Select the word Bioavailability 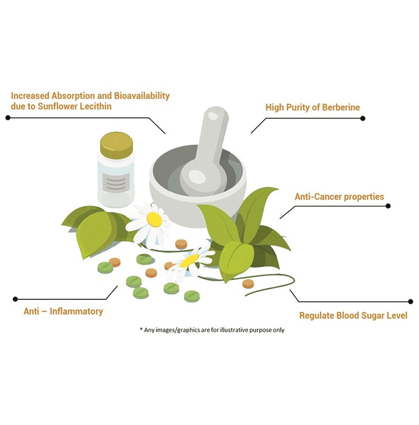[141, 96]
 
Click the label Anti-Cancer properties [339, 197]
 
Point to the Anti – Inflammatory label [63, 311]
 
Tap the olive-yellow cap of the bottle [116, 145]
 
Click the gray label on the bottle [116, 183]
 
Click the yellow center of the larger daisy [154, 219]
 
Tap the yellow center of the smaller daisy [189, 260]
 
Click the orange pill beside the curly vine [248, 284]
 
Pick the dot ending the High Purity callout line [363, 118]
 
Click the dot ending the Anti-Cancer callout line [388, 206]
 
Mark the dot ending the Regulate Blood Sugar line [410, 302]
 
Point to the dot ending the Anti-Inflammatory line [15, 299]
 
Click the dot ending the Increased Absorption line [8, 118]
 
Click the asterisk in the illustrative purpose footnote [141, 329]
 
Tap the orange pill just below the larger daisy [181, 244]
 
